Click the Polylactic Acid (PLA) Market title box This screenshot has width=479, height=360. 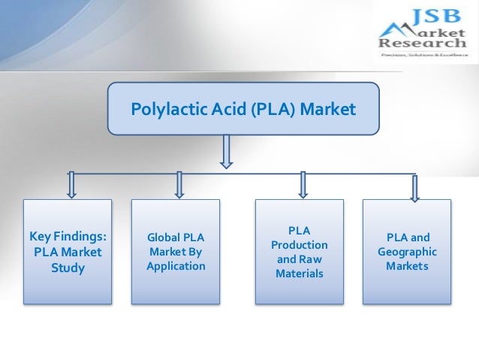tap(243, 110)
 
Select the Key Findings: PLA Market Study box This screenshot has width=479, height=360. tap(68, 252)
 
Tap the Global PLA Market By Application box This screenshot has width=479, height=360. tap(176, 252)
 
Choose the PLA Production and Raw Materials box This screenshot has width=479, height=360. tap(300, 252)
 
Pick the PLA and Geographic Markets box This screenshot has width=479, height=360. tap(407, 252)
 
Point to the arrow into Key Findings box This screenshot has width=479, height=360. tap(72, 185)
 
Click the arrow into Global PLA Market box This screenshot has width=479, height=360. tap(179, 185)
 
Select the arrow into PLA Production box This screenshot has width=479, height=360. tap(303, 185)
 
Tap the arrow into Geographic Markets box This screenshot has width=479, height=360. tap(414, 187)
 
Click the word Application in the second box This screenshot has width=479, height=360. tap(176, 267)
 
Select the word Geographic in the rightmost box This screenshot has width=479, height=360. tap(407, 252)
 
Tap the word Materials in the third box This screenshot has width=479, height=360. tap(300, 274)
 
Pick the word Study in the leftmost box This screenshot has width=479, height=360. tap(68, 268)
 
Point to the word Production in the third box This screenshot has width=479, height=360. tap(300, 245)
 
